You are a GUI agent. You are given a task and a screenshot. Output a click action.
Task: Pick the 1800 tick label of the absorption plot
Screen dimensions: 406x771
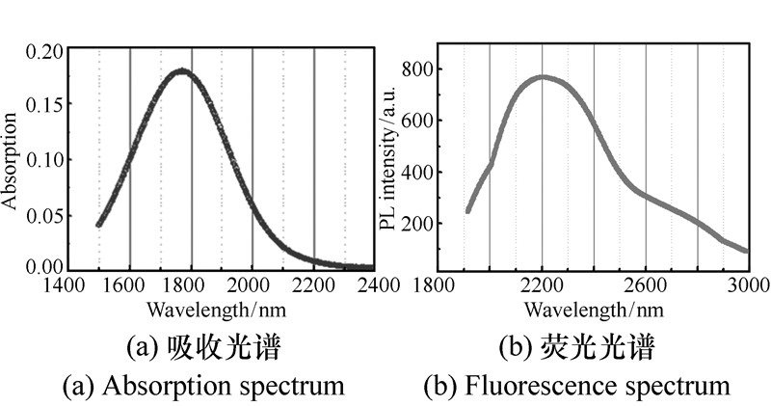pos(190,285)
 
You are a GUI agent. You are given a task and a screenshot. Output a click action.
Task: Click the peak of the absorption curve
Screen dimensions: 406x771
pos(180,71)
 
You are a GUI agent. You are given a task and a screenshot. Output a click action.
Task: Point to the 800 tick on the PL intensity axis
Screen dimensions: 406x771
pos(422,69)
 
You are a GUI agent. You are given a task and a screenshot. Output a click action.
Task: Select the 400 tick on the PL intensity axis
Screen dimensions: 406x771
pos(422,173)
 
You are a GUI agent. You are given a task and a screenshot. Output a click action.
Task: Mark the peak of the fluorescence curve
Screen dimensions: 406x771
pos(543,77)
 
